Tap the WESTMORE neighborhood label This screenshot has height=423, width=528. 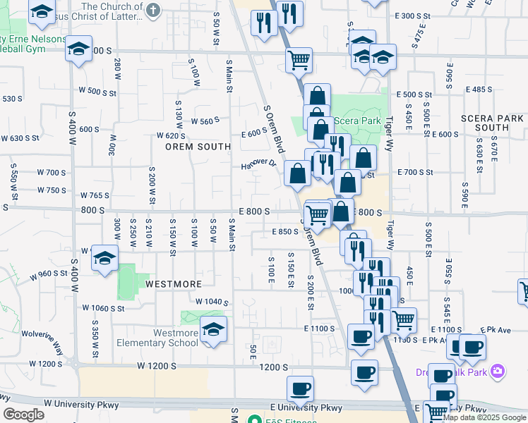tap(174, 284)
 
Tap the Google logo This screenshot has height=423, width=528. tap(23, 415)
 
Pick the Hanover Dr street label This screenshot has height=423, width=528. tap(258, 164)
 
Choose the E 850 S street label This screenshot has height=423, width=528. tap(286, 231)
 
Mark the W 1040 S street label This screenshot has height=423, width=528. tap(212, 302)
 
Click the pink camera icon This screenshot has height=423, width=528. tap(498, 371)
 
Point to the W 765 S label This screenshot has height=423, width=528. tap(95, 195)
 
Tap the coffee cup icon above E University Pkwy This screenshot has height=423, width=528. tap(300, 389)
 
